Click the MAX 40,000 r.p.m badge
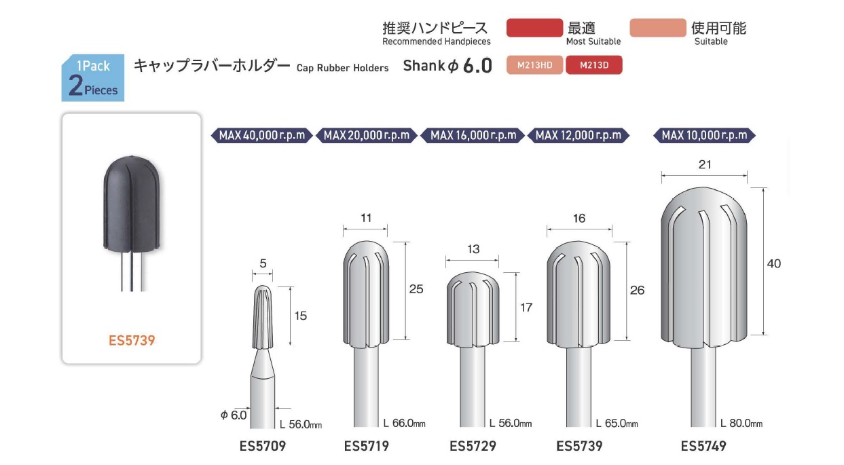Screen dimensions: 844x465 coord(262,135)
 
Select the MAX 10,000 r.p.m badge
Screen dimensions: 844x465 coord(704,135)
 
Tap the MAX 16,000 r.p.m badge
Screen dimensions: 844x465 coord(473,135)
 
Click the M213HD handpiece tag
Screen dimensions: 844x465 coord(534,64)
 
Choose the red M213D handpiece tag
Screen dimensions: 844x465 coord(594,64)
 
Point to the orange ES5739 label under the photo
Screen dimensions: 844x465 coord(132,341)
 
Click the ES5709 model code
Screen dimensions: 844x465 coord(263,446)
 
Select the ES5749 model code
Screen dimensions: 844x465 coord(703,446)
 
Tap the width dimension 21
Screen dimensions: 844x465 coord(705,164)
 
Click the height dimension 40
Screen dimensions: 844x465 coord(774,263)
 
